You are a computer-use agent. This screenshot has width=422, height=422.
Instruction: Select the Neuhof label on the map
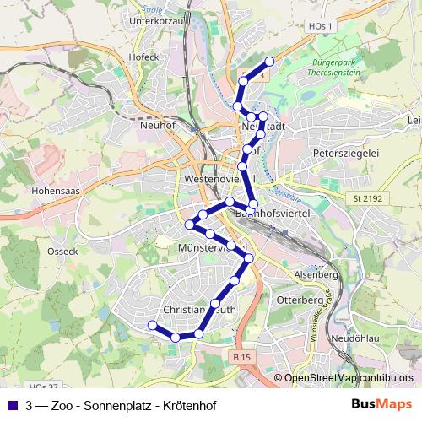(160, 122)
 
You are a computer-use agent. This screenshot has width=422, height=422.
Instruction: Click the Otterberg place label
(300, 300)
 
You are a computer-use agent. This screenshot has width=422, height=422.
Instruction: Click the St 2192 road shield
(364, 197)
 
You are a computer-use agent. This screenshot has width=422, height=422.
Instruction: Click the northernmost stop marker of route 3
(270, 61)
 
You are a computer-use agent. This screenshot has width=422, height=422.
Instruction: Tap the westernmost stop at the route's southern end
(152, 326)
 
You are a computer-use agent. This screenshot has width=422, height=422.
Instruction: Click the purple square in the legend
(13, 405)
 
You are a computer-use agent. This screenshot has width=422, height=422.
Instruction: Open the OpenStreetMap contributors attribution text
(349, 378)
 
